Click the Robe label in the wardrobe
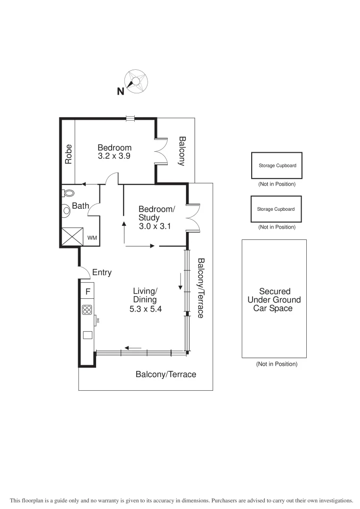(68, 154)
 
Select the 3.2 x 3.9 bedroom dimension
(115, 156)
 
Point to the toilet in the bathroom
(69, 193)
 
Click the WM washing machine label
(92, 238)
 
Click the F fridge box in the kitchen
(88, 291)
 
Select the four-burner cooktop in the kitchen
(88, 310)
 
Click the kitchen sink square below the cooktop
(88, 335)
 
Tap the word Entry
(102, 272)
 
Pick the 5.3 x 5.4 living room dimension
(145, 309)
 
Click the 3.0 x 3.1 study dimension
(155, 226)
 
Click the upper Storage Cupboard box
(277, 165)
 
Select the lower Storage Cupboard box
(276, 209)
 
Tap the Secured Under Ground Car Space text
(274, 300)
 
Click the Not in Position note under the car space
(277, 364)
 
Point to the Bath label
(81, 206)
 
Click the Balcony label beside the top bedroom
(182, 151)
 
